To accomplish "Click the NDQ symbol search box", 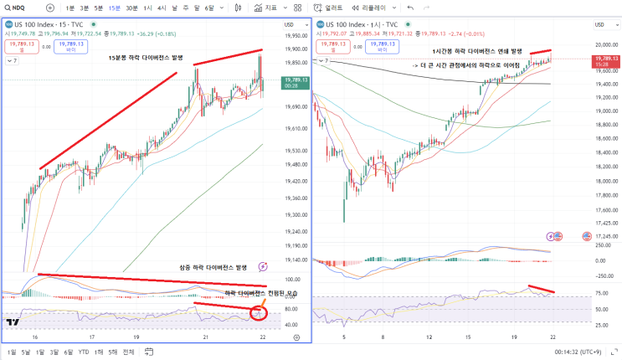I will click(18, 8).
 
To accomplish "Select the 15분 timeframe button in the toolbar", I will click(114, 8).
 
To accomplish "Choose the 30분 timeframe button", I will click(131, 8).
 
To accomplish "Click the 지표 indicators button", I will click(266, 8).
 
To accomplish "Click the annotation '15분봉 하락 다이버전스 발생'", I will click(152, 58).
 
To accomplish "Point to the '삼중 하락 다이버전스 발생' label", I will click(213, 267).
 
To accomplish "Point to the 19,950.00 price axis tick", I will click(296, 35).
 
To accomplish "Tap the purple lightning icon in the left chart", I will click(264, 266).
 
